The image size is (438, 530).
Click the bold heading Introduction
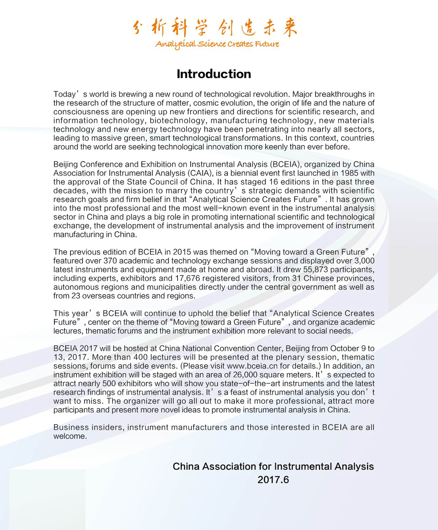[213, 74]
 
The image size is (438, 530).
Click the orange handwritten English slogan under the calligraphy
[217, 44]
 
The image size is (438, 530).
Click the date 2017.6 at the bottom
[273, 480]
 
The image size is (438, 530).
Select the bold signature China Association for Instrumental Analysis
[273, 467]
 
